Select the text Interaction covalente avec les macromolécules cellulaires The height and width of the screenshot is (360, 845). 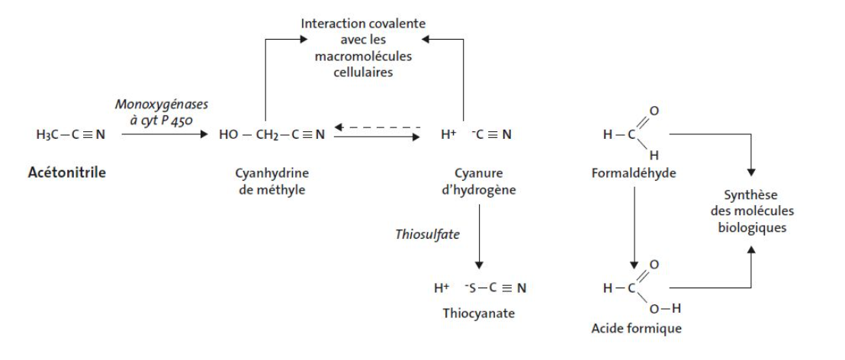363,47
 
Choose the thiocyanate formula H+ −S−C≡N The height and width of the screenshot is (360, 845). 478,288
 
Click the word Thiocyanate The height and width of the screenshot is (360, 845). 478,312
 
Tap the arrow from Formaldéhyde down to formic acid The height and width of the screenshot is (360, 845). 631,229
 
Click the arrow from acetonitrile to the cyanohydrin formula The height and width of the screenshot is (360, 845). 164,135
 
